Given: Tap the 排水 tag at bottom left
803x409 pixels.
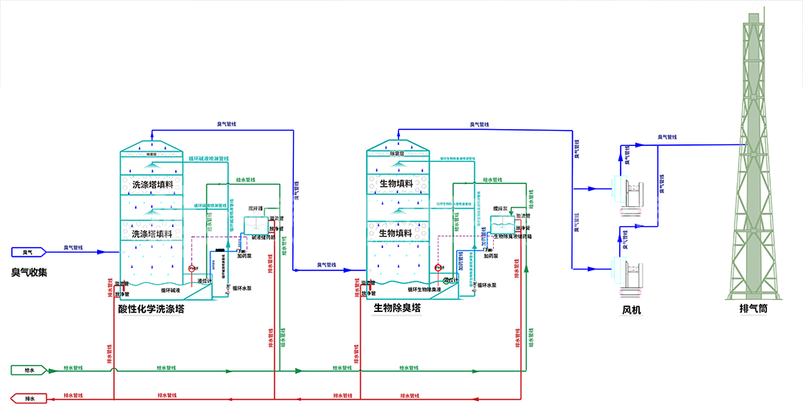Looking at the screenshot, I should pos(30,397).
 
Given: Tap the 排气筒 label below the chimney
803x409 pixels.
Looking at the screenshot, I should pos(754,308).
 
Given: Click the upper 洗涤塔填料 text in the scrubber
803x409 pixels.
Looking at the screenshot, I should pos(153,185).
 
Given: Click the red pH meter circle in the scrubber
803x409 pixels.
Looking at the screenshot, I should pos(192,269).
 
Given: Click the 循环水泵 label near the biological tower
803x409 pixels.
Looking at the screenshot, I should pos(486,285).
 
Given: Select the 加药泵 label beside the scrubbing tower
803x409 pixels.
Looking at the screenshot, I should pos(245,256).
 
